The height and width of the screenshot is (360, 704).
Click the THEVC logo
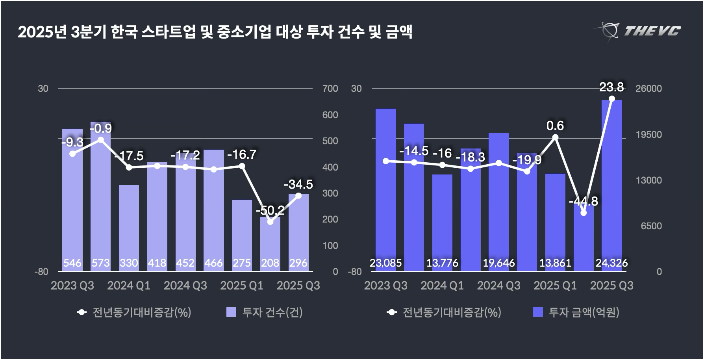pyautogui.click(x=638, y=30)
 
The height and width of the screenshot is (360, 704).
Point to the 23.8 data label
pyautogui.click(x=611, y=87)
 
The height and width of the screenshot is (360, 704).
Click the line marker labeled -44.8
pyautogui.click(x=584, y=213)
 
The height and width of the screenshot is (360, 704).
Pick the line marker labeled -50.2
pyautogui.click(x=270, y=222)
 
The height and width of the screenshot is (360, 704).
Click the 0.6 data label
pyautogui.click(x=555, y=126)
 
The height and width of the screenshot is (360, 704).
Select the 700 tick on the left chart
pyautogui.click(x=330, y=89)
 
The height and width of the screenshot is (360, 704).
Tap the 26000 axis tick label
pyautogui.click(x=648, y=89)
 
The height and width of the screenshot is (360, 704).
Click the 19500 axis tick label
pyautogui.click(x=648, y=135)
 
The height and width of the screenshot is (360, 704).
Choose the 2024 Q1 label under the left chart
pyautogui.click(x=129, y=286)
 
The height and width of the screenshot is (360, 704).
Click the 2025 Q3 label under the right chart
pyautogui.click(x=611, y=286)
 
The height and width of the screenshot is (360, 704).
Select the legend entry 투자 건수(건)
pyautogui.click(x=265, y=312)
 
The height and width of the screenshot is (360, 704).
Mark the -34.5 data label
pyautogui.click(x=298, y=184)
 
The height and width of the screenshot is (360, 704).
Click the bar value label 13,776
pyautogui.click(x=442, y=263)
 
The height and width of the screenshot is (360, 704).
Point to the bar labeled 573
pyautogui.click(x=101, y=197)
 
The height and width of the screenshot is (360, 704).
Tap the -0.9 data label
pyautogui.click(x=101, y=128)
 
